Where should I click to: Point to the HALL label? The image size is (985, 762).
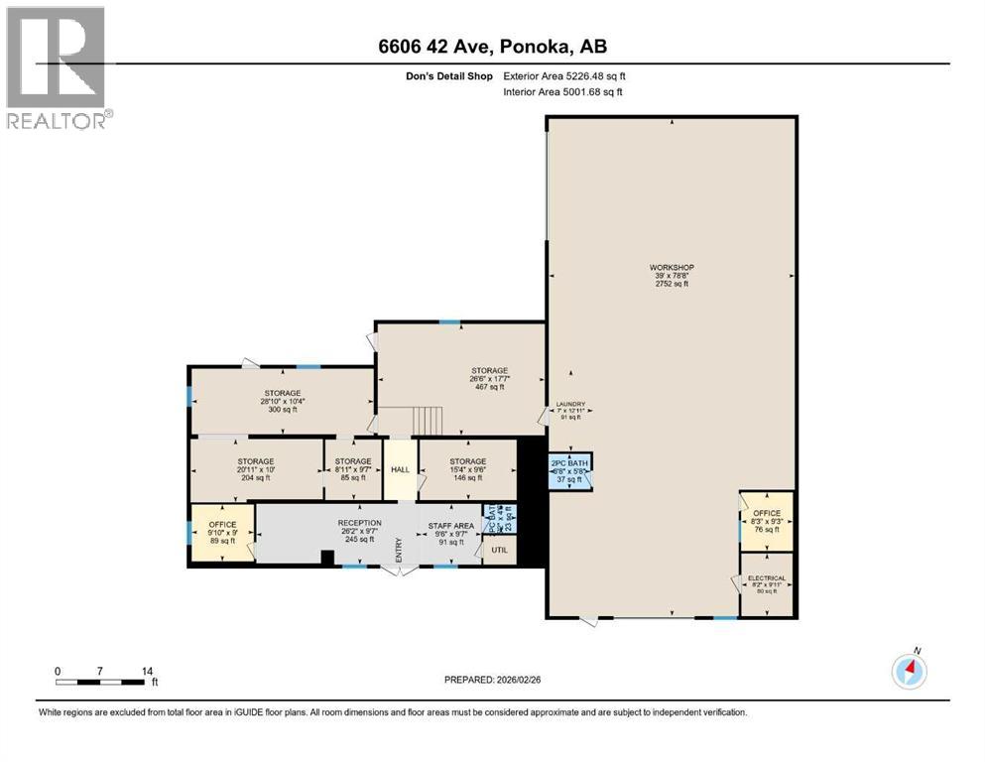[x=400, y=469]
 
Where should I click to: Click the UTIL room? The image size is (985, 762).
[x=498, y=549]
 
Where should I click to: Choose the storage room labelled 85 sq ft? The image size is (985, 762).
[x=353, y=468]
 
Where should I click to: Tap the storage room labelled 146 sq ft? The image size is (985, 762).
[x=467, y=468]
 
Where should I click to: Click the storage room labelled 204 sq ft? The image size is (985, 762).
[x=255, y=468]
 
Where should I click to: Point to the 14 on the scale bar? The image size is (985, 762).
[x=147, y=671]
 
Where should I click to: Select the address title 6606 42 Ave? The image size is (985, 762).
[x=492, y=47]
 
